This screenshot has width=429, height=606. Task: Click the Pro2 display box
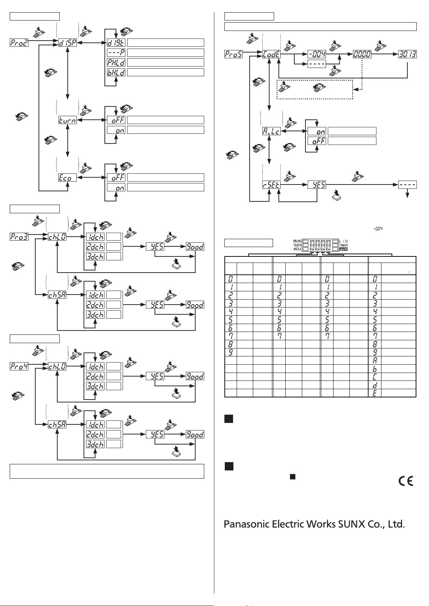click(19, 43)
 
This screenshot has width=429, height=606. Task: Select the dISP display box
click(67, 43)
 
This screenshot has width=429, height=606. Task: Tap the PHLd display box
click(116, 63)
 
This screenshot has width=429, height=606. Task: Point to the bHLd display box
click(116, 72)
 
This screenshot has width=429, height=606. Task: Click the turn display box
click(67, 120)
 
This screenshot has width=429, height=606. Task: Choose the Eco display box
click(67, 178)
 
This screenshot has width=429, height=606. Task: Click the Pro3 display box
click(19, 237)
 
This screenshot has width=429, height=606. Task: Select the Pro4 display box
click(19, 366)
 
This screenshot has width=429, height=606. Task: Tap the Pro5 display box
click(233, 54)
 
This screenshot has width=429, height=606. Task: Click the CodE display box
click(272, 54)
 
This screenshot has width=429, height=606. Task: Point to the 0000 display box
click(362, 54)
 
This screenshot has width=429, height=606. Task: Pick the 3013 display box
click(407, 54)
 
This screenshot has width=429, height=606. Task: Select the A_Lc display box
click(271, 131)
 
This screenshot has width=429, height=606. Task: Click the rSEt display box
click(271, 185)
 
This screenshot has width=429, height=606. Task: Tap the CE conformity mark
click(406, 481)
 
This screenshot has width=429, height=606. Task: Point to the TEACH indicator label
click(297, 245)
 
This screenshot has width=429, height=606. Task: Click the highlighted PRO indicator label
click(343, 249)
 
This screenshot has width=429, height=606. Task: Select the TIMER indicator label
click(344, 245)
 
